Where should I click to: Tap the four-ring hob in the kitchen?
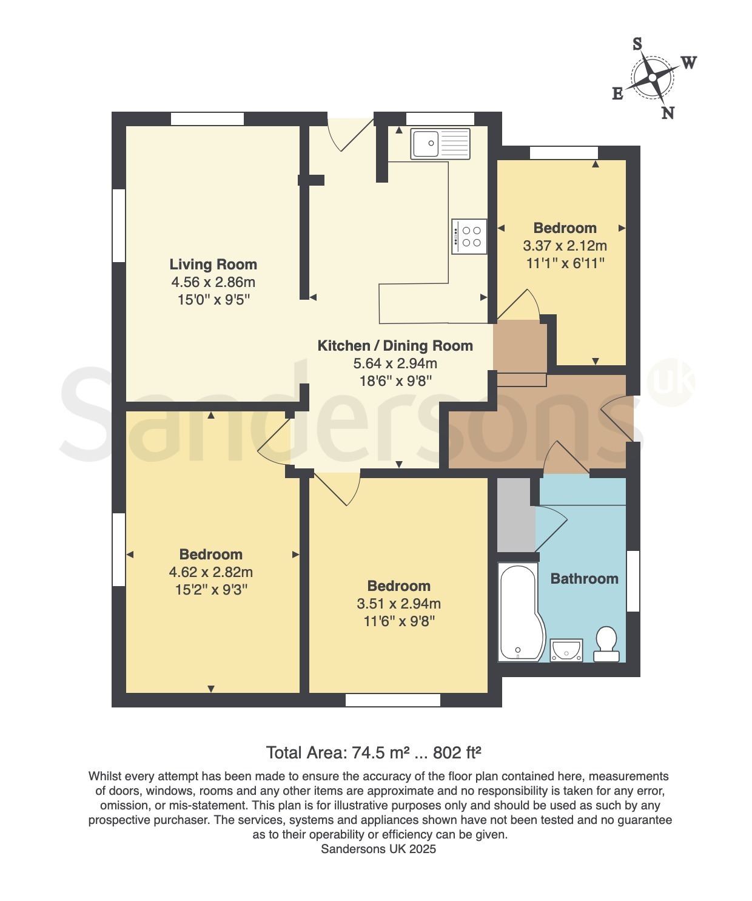point(469,237)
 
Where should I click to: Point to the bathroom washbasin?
point(566,650)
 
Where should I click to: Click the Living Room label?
point(213,264)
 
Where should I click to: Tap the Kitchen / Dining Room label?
point(395,346)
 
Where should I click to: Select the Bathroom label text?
point(584,578)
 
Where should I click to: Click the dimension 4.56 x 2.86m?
point(213,282)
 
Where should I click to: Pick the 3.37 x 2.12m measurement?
point(565,246)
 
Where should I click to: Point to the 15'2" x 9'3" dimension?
point(211,590)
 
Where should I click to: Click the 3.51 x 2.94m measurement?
point(398,603)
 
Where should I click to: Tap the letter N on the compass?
point(668,113)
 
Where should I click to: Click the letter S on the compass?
point(637,44)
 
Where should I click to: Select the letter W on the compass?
point(688,62)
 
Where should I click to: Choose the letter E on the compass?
point(618,93)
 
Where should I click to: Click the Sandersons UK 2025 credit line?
point(378,848)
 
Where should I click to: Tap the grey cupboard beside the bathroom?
point(516,515)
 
